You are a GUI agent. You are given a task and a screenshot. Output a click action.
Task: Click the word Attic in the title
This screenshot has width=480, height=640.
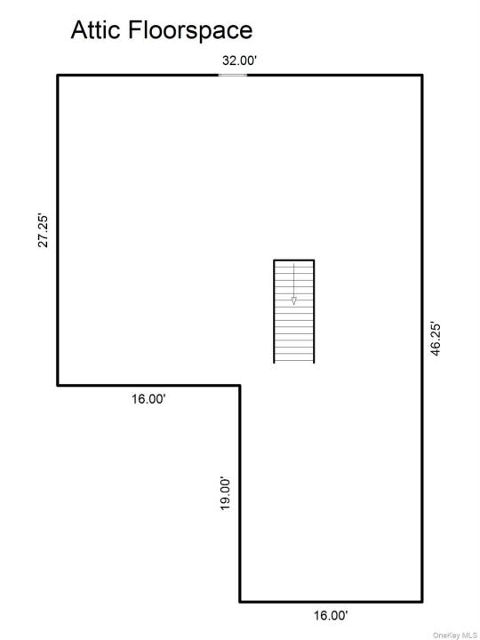[96, 30]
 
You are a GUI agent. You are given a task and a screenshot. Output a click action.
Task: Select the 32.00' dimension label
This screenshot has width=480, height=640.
[240, 60]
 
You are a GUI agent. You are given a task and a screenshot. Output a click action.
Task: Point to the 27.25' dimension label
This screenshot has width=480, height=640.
[44, 230]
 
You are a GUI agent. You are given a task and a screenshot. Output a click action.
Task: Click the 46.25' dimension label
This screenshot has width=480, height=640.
[436, 340]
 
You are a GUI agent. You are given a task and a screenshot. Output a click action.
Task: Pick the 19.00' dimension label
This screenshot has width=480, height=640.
[226, 493]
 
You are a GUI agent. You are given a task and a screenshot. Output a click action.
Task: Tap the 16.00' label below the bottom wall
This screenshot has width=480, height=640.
[331, 615]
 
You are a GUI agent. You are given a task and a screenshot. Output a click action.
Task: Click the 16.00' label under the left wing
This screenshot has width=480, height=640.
[148, 399]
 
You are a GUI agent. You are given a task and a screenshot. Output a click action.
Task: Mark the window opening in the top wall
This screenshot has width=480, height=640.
[233, 75]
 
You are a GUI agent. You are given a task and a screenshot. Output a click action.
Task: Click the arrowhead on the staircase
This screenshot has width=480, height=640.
[293, 300]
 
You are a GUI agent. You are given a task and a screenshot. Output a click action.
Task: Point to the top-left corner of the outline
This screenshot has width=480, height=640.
[58, 75]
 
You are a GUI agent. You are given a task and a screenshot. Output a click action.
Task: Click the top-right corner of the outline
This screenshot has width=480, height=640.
[422, 75]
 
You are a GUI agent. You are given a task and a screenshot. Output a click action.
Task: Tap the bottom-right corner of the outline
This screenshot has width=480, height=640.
[422, 602]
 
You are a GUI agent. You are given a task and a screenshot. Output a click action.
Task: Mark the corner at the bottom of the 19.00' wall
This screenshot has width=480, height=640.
[240, 602]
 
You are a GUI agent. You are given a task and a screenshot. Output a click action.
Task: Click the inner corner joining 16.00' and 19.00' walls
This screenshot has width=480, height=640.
[240, 385]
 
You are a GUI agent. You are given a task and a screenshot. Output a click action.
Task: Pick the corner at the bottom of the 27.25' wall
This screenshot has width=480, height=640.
[58, 385]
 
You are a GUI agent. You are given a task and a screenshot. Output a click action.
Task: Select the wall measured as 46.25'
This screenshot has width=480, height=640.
[422, 339]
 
